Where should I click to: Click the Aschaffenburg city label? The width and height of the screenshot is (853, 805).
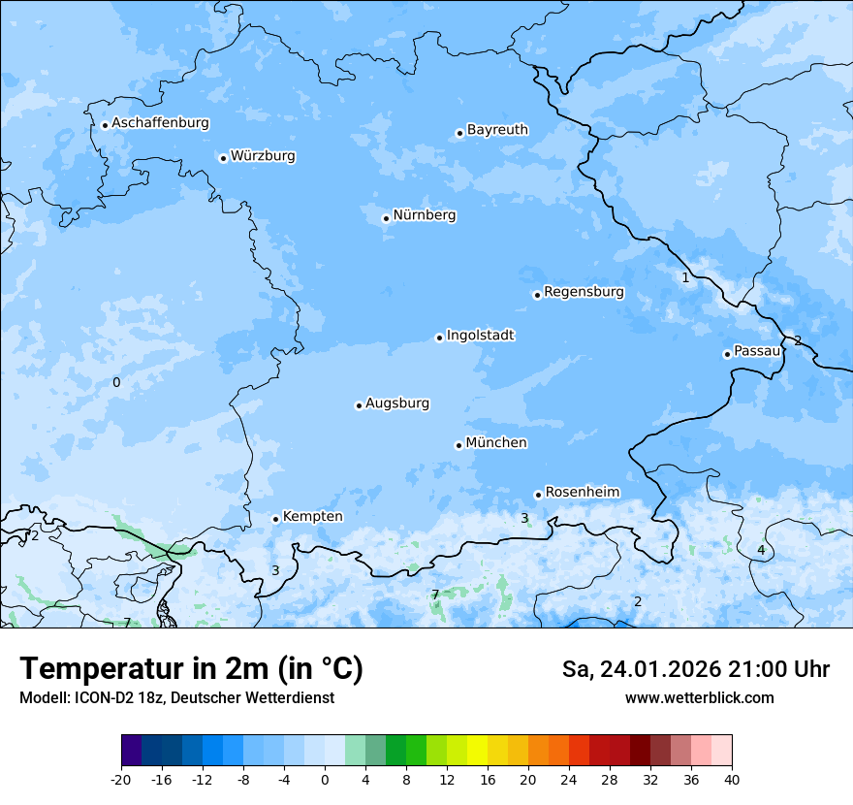pyautogui.click(x=160, y=123)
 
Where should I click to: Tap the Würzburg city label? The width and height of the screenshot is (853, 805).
pyautogui.click(x=263, y=156)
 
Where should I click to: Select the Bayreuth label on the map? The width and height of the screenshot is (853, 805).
pyautogui.click(x=497, y=130)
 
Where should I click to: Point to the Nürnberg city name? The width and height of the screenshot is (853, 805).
pyautogui.click(x=425, y=215)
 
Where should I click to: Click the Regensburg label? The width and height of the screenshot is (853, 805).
pyautogui.click(x=584, y=292)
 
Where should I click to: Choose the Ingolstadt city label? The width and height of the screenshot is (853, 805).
pyautogui.click(x=480, y=336)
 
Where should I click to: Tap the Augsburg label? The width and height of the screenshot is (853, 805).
pyautogui.click(x=397, y=403)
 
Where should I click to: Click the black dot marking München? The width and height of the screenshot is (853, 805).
pyautogui.click(x=458, y=445)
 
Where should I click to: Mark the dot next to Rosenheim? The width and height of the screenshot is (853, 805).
pyautogui.click(x=538, y=495)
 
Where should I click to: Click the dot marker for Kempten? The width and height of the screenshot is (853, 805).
pyautogui.click(x=275, y=519)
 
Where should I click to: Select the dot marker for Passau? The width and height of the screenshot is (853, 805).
pyautogui.click(x=727, y=354)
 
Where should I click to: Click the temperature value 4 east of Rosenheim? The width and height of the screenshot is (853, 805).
pyautogui.click(x=761, y=551)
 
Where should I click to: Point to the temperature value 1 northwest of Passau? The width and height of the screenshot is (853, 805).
pyautogui.click(x=685, y=278)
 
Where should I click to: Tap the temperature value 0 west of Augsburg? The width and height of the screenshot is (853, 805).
pyautogui.click(x=116, y=383)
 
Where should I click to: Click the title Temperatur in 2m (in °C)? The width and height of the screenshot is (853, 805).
pyautogui.click(x=191, y=669)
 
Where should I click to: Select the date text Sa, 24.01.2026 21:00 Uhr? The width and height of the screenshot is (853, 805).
pyautogui.click(x=695, y=669)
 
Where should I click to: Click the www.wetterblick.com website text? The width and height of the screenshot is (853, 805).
pyautogui.click(x=699, y=698)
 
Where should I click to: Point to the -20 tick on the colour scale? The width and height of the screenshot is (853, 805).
pyautogui.click(x=121, y=780)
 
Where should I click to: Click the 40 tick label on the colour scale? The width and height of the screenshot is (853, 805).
pyautogui.click(x=731, y=780)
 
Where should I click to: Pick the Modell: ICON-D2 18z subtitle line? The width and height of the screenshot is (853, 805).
pyautogui.click(x=176, y=698)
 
